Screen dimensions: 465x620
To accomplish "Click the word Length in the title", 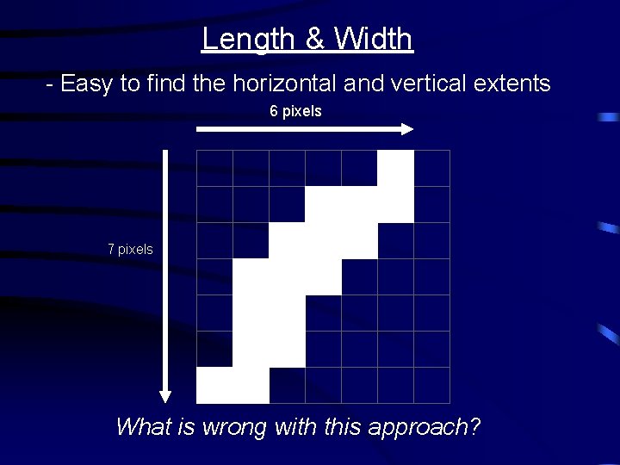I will point(236,39).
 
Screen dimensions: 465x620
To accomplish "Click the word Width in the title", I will point(373,39).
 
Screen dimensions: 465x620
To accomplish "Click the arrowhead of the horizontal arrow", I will point(406,129).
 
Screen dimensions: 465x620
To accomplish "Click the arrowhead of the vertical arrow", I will point(165,396).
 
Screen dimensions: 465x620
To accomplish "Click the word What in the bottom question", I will point(143,426).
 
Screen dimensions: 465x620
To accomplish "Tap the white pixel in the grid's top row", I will point(396,168).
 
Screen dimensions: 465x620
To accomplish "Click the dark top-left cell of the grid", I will point(215,168).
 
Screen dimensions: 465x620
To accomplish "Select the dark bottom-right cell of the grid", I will point(432,385).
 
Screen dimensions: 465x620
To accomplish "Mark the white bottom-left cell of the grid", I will point(215,385).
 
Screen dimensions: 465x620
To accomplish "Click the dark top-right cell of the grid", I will point(432,168).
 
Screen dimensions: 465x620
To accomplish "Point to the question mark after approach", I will point(474,426).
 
